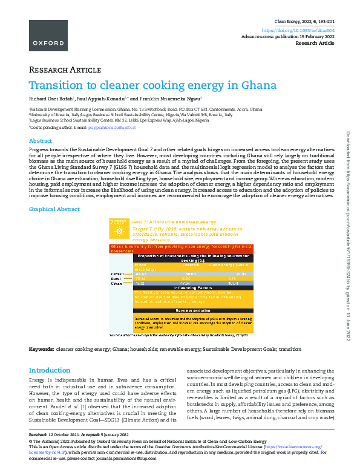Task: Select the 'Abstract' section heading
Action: [x=41, y=140]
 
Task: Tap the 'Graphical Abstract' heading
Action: [x=54, y=209]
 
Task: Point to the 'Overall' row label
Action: [x=117, y=274]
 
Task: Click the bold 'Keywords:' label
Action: [x=41, y=350]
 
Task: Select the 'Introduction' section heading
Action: [x=50, y=370]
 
